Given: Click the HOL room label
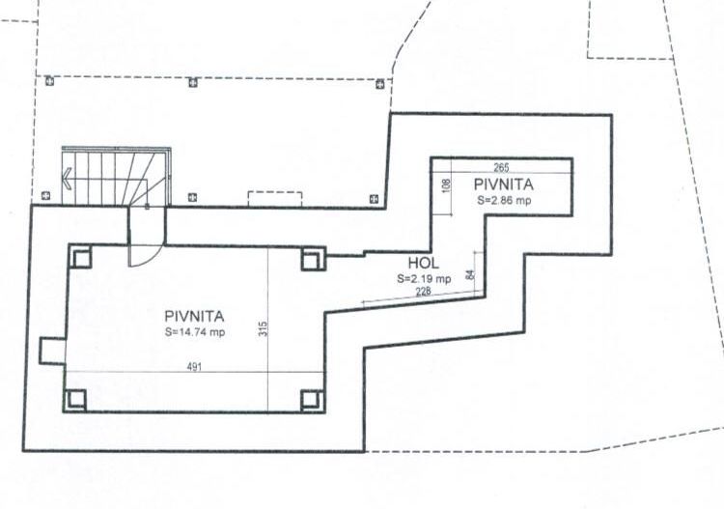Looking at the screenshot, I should pyautogui.click(x=423, y=262).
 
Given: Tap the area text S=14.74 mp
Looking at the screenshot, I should pyautogui.click(x=195, y=332).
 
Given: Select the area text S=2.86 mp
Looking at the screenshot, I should pyautogui.click(x=503, y=200).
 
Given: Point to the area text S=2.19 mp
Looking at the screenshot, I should pyautogui.click(x=424, y=278).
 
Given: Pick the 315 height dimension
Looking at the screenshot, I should pyautogui.click(x=262, y=328).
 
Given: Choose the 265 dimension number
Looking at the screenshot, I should pyautogui.click(x=501, y=166).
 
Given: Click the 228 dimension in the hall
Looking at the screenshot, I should pyautogui.click(x=423, y=291).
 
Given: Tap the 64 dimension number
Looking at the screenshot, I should pyautogui.click(x=469, y=275).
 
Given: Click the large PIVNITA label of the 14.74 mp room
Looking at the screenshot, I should pyautogui.click(x=195, y=315).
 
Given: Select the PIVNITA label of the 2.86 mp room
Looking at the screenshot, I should pyautogui.click(x=504, y=183).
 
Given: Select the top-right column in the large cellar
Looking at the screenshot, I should pyautogui.click(x=310, y=258).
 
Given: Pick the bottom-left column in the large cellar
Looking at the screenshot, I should pyautogui.click(x=76, y=398).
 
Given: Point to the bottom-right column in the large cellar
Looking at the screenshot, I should pyautogui.click(x=310, y=398).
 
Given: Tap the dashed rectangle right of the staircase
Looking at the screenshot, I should pyautogui.click(x=274, y=198).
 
